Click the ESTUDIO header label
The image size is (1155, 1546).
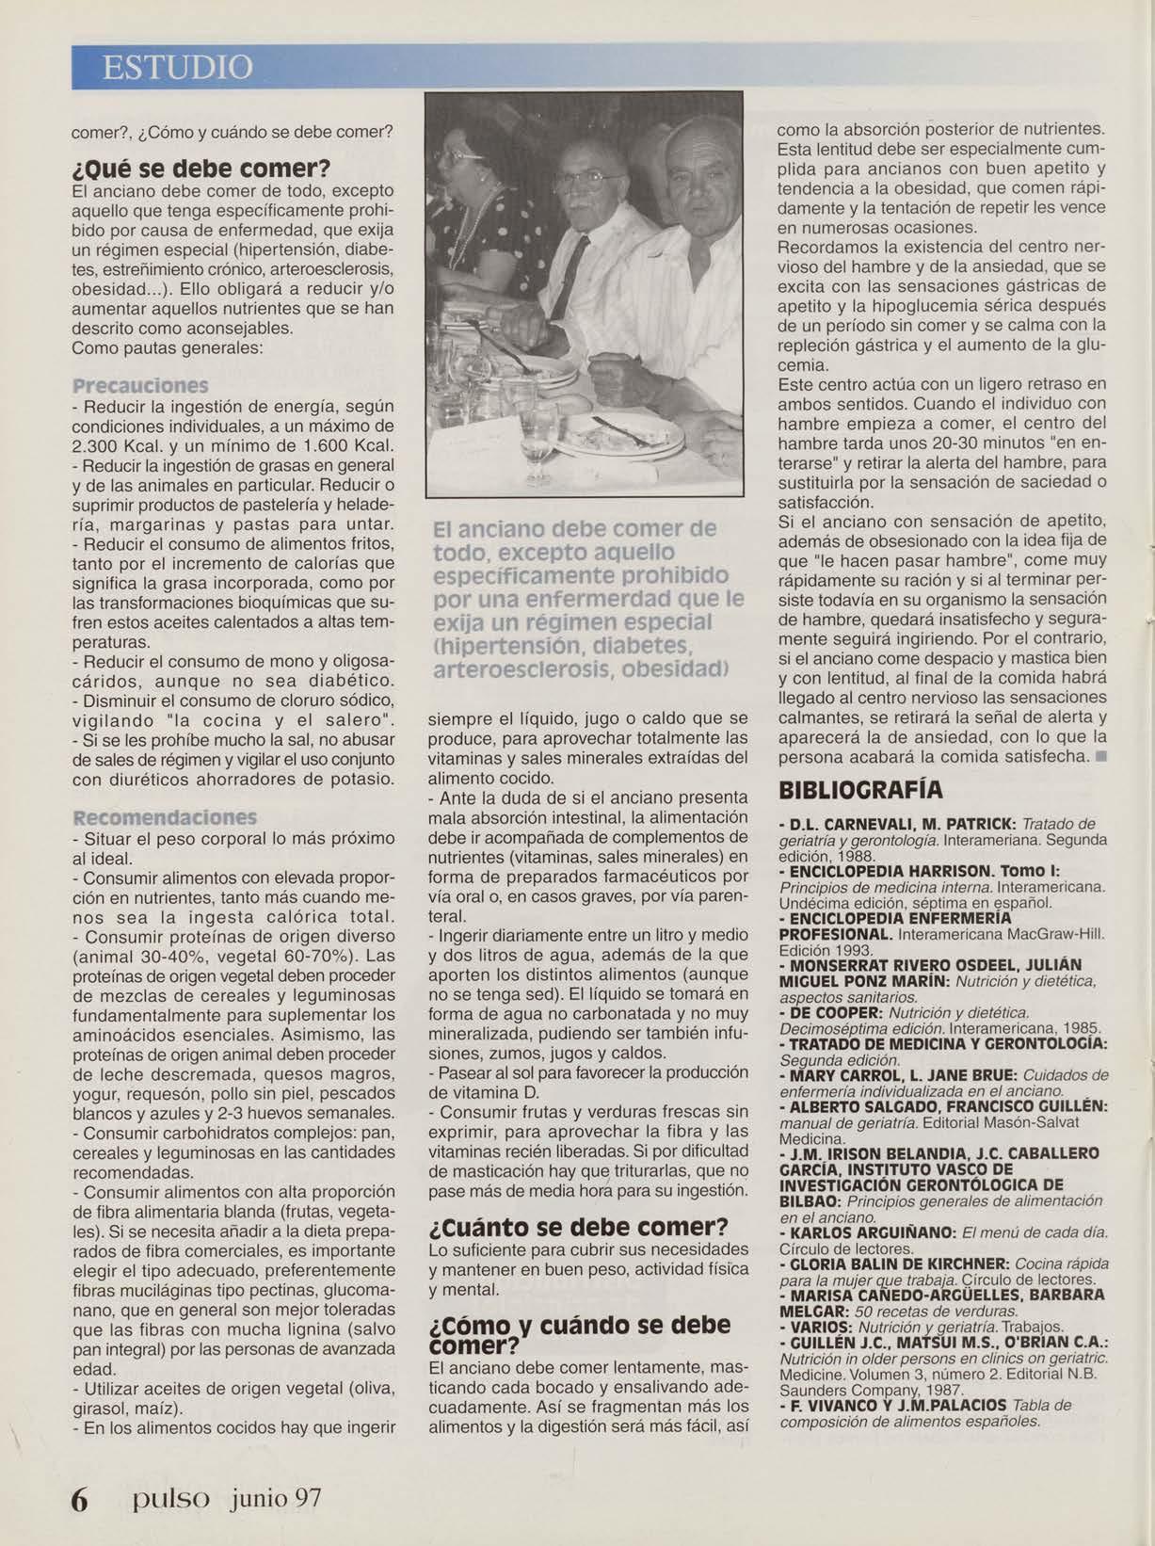[177, 68]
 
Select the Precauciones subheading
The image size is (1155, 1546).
[140, 386]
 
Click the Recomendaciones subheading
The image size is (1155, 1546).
[165, 817]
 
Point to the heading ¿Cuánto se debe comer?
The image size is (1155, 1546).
[578, 1227]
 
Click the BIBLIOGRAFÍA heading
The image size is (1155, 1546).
[860, 790]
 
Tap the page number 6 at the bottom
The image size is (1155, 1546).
[81, 1498]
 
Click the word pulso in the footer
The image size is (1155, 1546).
[170, 1496]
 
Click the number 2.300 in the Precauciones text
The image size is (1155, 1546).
[98, 445]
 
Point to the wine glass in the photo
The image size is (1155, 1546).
[537, 443]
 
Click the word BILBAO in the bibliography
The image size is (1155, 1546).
[810, 1201]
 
